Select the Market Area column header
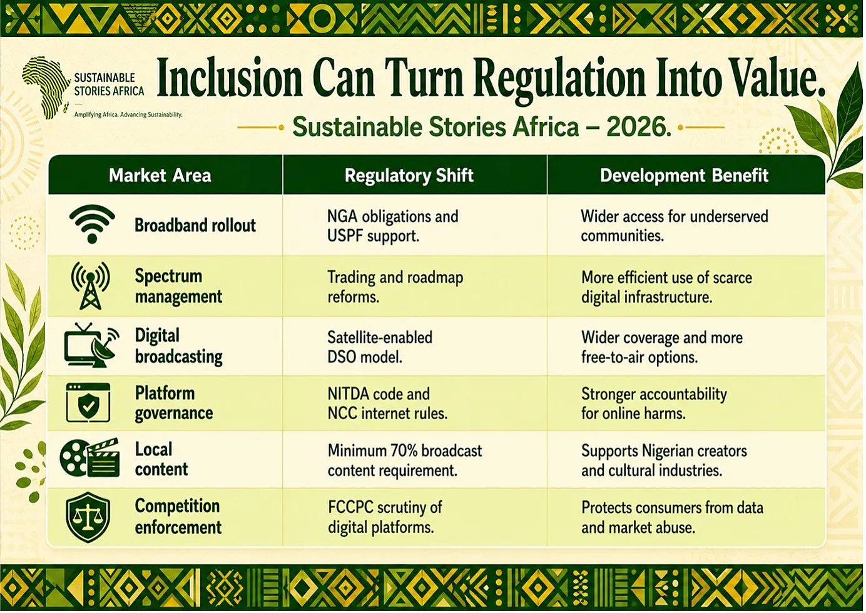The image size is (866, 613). click(160, 176)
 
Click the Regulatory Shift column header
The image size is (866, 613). click(409, 176)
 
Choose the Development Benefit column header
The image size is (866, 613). click(684, 176)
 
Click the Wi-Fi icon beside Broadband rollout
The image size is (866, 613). click(92, 224)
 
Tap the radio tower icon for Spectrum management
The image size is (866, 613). click(91, 286)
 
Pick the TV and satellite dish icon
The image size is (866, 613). click(92, 345)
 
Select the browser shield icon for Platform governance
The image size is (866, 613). click(88, 403)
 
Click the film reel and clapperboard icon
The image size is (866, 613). click(89, 458)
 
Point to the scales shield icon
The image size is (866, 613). click(88, 517)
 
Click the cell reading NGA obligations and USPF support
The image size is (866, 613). click(393, 226)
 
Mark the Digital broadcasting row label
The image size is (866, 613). click(178, 346)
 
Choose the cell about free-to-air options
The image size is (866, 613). click(662, 347)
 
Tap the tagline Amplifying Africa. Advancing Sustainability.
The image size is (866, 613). click(128, 115)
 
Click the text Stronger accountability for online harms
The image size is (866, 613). click(654, 403)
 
